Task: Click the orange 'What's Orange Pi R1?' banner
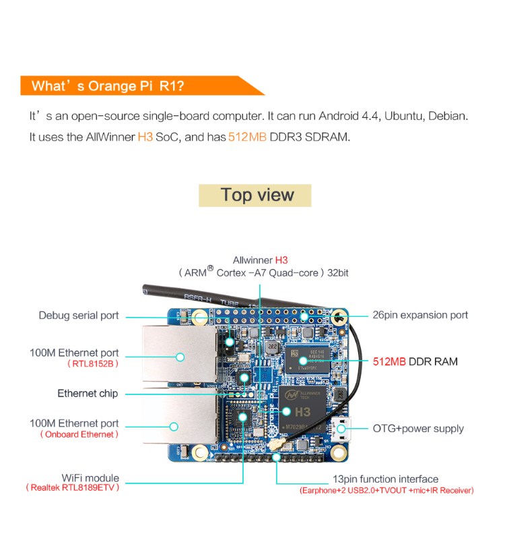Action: tap(135, 86)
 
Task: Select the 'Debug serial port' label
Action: tap(79, 316)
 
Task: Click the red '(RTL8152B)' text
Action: tap(93, 364)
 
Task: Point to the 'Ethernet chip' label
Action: tap(88, 394)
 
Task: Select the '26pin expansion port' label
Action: tap(420, 316)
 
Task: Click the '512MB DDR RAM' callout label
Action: tap(415, 362)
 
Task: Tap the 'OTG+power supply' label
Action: tap(418, 428)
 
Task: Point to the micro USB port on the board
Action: tap(341, 428)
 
